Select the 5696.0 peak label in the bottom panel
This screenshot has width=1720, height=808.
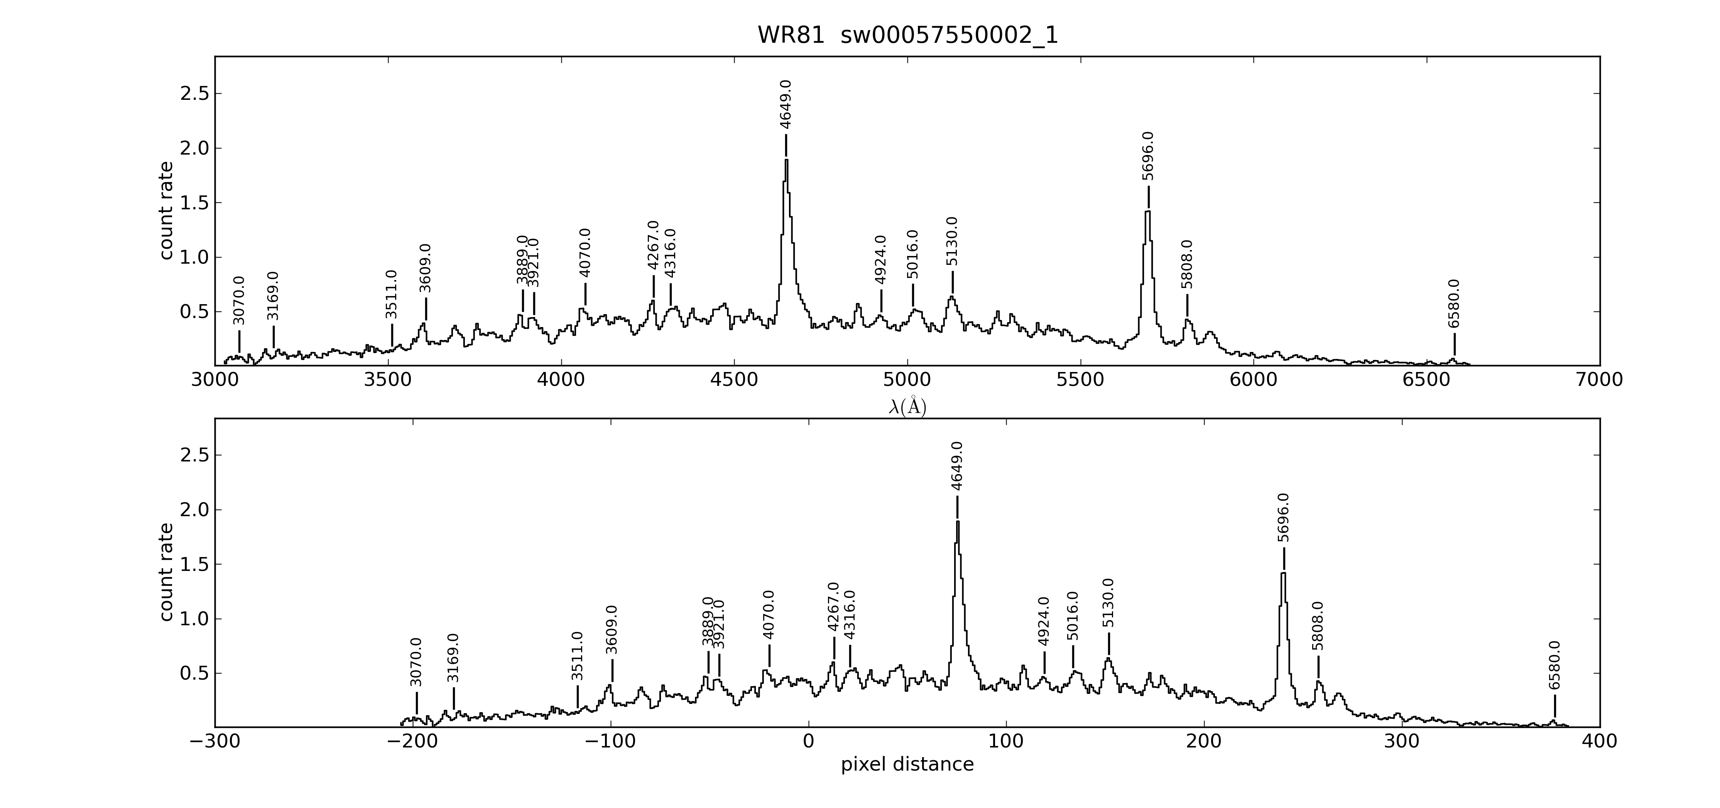tap(1283, 518)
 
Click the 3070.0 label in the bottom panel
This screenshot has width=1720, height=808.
tap(416, 662)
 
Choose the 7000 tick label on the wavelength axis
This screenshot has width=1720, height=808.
tap(1599, 380)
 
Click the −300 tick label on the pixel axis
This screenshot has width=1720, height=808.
tap(215, 742)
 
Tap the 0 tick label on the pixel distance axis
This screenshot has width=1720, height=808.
tap(809, 742)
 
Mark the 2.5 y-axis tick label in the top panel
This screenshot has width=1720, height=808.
tap(194, 93)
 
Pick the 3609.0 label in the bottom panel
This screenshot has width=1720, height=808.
tap(612, 630)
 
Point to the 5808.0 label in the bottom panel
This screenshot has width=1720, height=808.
tap(1318, 626)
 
